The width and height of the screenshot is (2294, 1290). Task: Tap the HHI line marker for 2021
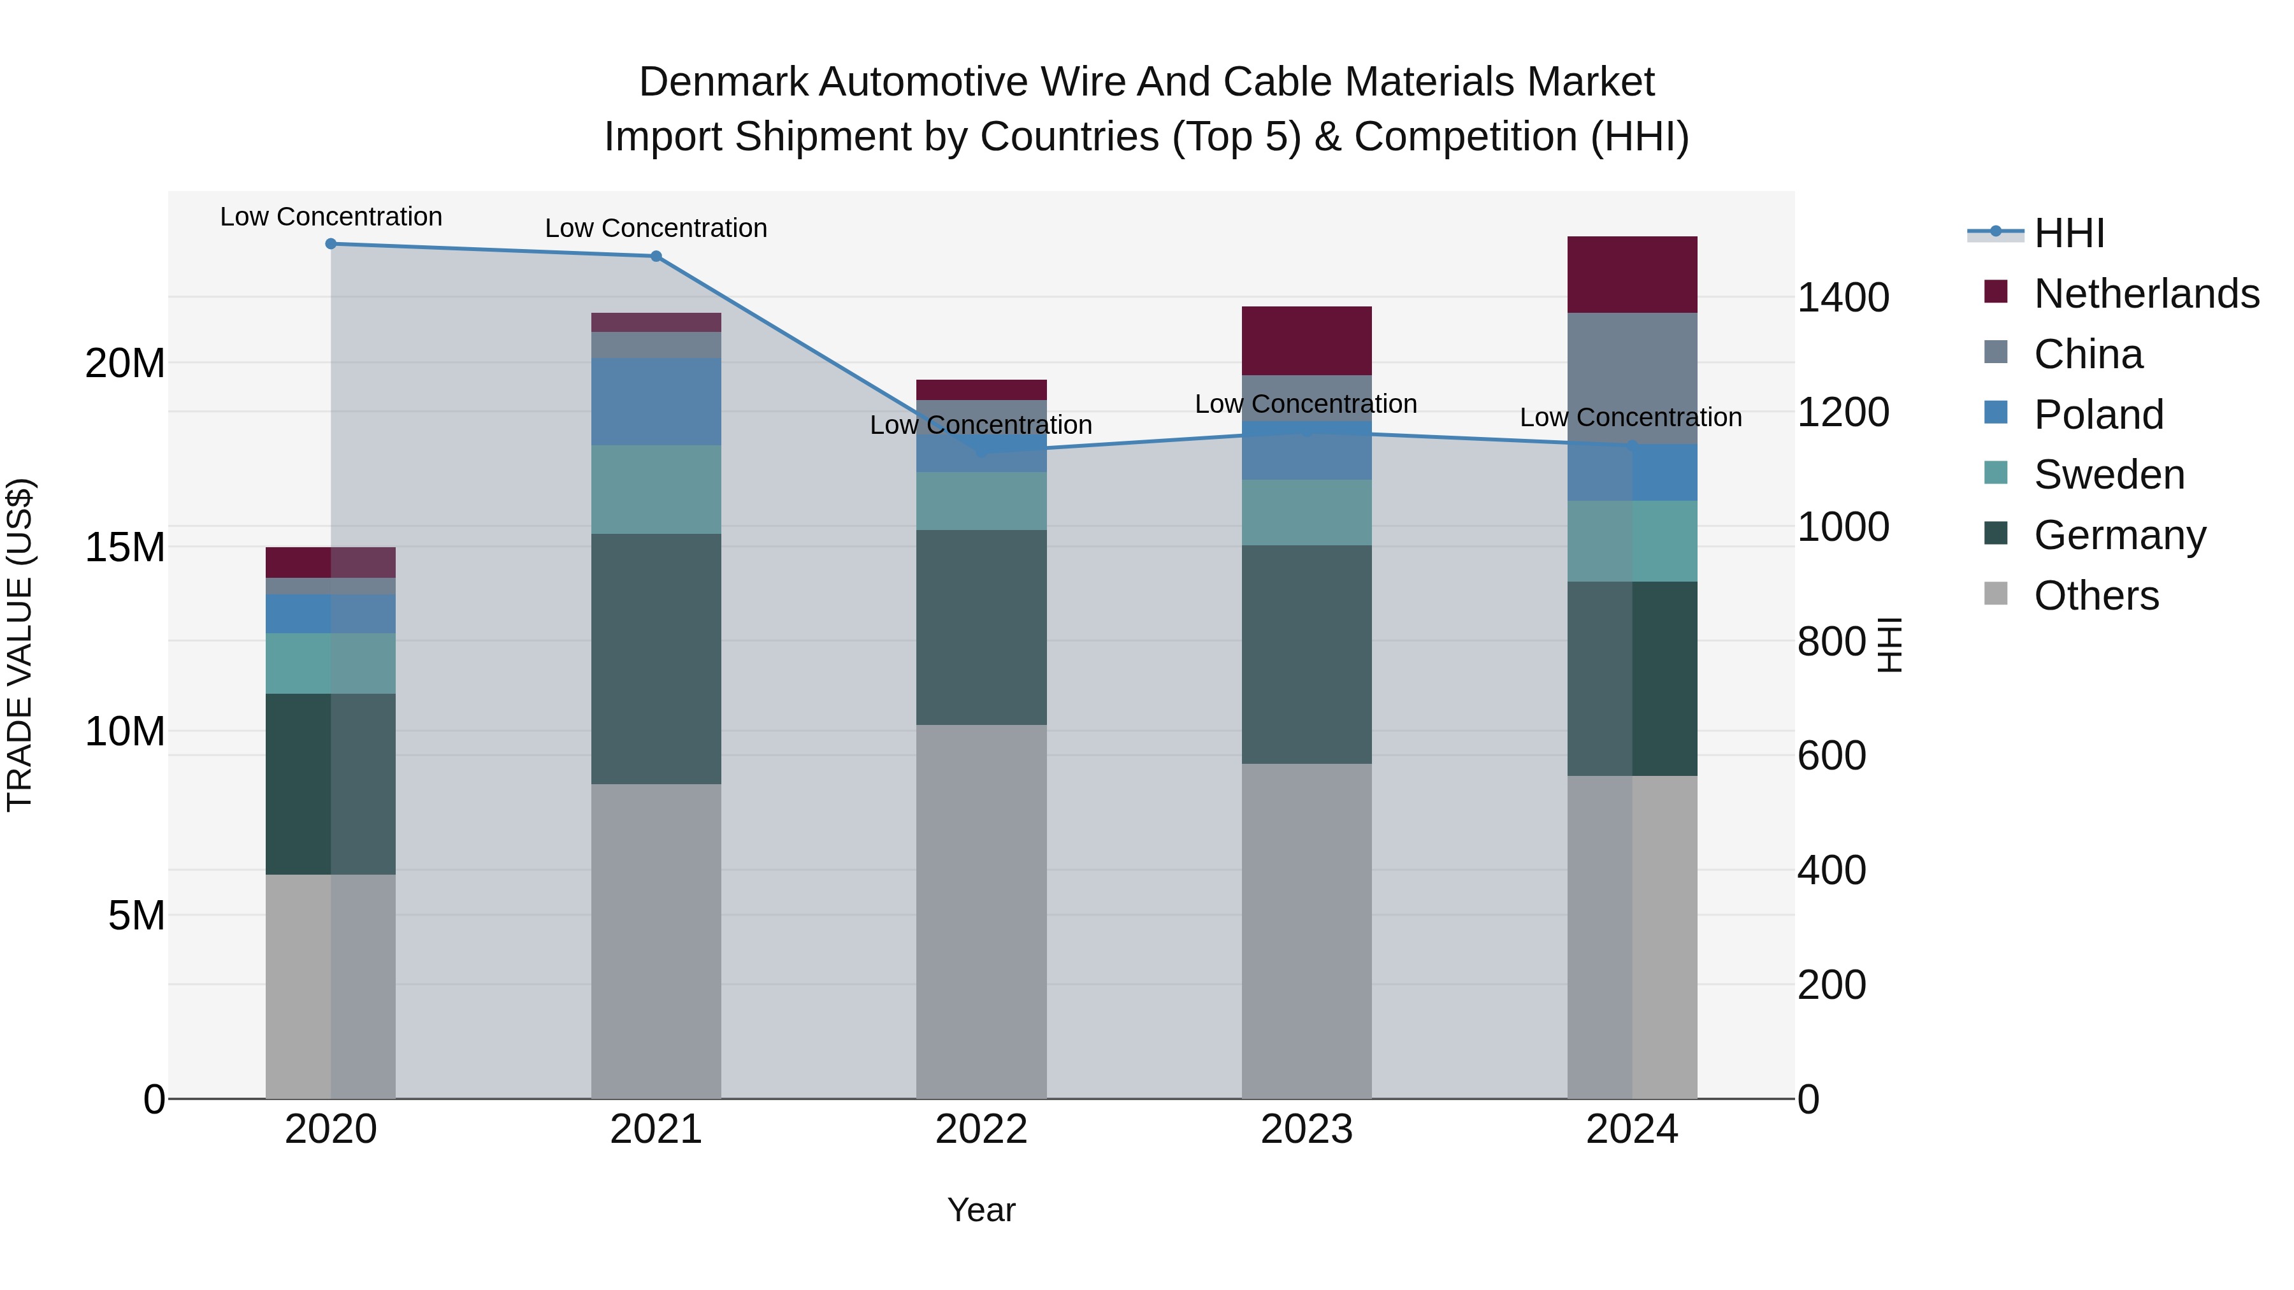click(656, 256)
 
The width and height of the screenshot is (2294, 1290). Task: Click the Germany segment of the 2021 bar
click(656, 659)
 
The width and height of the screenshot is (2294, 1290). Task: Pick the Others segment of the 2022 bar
click(981, 911)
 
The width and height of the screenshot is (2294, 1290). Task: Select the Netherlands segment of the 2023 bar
click(1306, 340)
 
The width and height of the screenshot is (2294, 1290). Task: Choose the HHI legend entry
click(2068, 233)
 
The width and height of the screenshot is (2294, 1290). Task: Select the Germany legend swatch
click(1996, 534)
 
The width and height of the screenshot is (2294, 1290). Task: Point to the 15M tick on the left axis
click(125, 547)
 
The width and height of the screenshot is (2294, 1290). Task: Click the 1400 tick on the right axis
click(1842, 297)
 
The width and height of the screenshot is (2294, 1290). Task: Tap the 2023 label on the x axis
click(1306, 1129)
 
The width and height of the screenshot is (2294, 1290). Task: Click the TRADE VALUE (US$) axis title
click(20, 645)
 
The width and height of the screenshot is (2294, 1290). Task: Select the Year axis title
click(981, 1210)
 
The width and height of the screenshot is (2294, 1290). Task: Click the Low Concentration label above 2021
click(656, 228)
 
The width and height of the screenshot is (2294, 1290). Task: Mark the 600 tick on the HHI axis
click(1831, 756)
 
